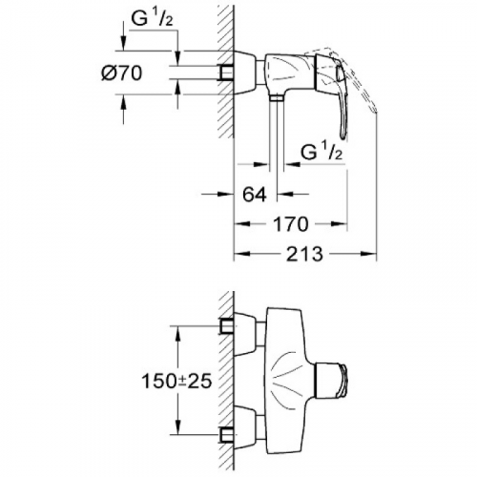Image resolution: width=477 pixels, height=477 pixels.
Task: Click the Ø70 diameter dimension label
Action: coord(122,73)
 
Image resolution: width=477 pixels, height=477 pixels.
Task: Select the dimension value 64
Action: coord(255,195)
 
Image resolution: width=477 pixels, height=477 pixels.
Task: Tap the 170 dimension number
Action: coord(291,224)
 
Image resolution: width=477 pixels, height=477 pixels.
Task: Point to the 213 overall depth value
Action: coord(304,254)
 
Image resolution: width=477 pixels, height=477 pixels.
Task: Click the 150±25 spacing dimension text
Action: coord(176,381)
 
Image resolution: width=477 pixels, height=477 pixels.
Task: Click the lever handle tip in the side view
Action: coord(342,136)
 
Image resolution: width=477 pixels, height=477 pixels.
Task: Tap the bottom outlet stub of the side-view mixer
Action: coord(277,97)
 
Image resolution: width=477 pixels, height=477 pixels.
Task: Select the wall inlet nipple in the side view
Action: coord(226,73)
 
